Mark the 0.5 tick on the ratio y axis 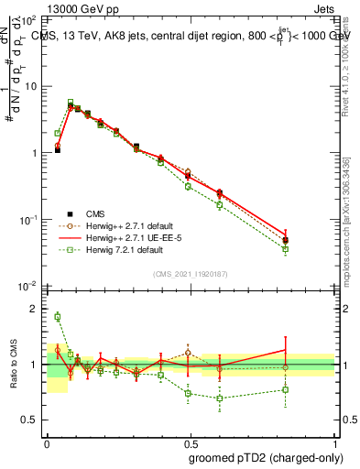point(32,420)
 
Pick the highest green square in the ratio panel point(58,317)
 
